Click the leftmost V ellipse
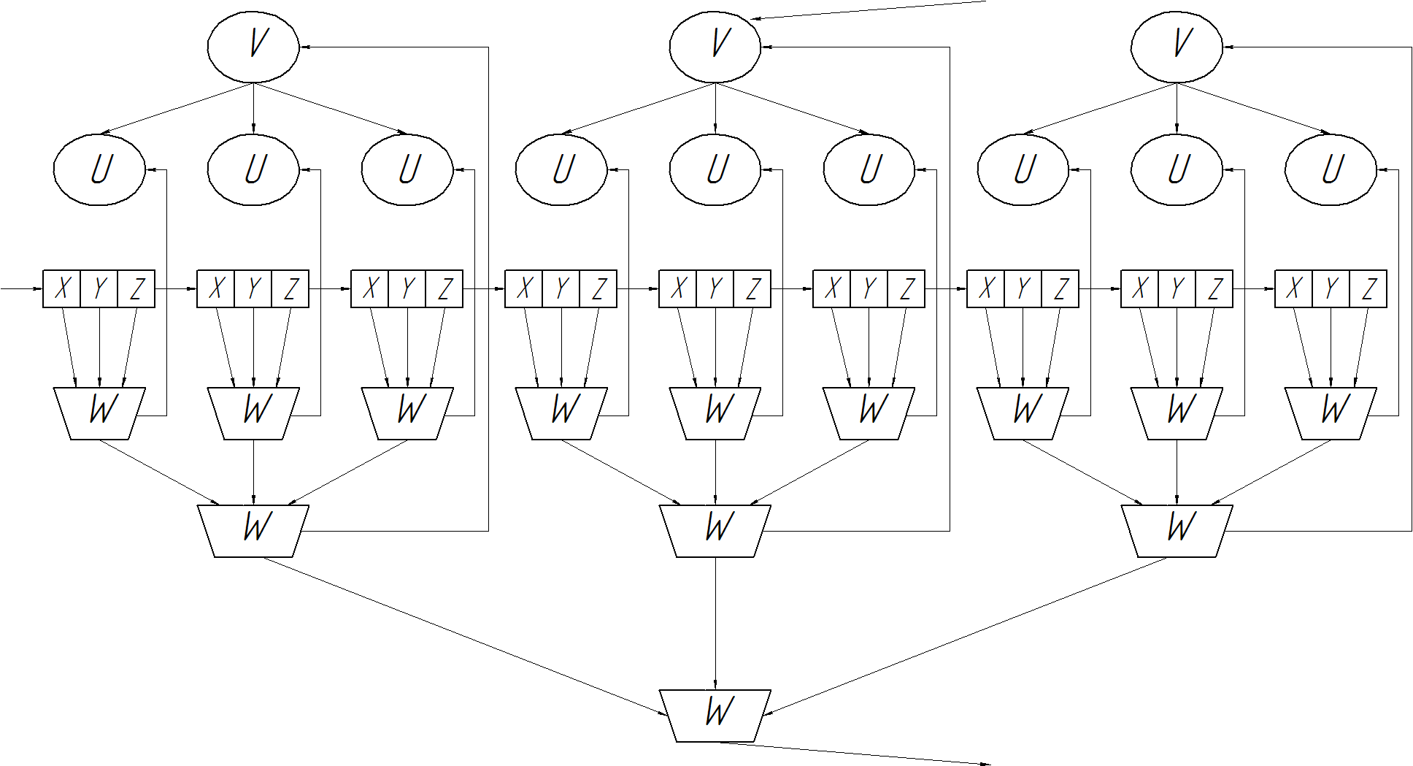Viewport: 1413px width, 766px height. click(253, 47)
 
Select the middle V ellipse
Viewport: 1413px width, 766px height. click(715, 47)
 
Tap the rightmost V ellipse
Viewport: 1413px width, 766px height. click(1177, 47)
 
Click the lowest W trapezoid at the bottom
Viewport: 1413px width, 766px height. click(715, 716)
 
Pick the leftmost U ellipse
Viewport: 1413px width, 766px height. click(99, 169)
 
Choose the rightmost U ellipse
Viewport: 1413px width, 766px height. click(1331, 169)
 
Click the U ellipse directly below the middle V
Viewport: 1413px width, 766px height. click(715, 169)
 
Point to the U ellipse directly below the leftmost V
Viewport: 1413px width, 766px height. click(253, 169)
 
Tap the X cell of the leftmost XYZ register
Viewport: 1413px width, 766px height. click(61, 288)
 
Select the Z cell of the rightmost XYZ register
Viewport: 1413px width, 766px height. click(1368, 288)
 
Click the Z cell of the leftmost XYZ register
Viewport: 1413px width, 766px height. click(136, 288)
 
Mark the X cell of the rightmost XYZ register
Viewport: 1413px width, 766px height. click(1293, 288)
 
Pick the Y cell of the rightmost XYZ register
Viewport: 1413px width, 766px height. click(1331, 288)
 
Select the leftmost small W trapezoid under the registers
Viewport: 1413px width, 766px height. click(99, 413)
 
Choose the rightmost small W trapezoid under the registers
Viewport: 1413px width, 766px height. click(1331, 413)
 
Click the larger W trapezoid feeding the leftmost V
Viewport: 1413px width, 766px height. click(253, 531)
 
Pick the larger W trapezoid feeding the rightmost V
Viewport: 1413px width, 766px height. click(1177, 531)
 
